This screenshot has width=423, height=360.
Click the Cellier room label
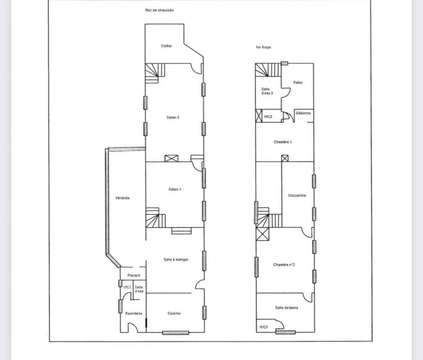(x=166, y=46)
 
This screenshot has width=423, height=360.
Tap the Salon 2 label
(x=173, y=117)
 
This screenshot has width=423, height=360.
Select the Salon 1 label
(x=175, y=189)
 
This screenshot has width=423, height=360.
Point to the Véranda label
(x=122, y=198)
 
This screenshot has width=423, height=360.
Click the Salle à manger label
(x=176, y=260)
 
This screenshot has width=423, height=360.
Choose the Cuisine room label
(x=174, y=313)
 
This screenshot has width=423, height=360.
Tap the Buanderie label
(x=134, y=313)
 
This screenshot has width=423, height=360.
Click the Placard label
(x=134, y=275)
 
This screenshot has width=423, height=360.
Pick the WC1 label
(x=127, y=288)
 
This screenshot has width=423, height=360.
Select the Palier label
(x=298, y=83)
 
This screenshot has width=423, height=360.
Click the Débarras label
(x=303, y=113)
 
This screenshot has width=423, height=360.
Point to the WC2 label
(x=268, y=117)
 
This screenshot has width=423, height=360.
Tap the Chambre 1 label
(x=283, y=142)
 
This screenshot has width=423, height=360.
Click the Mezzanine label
(x=297, y=195)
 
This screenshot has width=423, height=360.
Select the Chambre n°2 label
(x=284, y=265)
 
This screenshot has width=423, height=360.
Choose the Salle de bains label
(x=287, y=308)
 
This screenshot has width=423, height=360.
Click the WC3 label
(x=264, y=327)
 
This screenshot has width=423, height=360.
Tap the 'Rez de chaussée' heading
(x=159, y=10)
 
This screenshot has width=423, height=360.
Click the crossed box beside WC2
(x=259, y=116)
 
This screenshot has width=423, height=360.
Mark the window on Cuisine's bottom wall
(x=175, y=333)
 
